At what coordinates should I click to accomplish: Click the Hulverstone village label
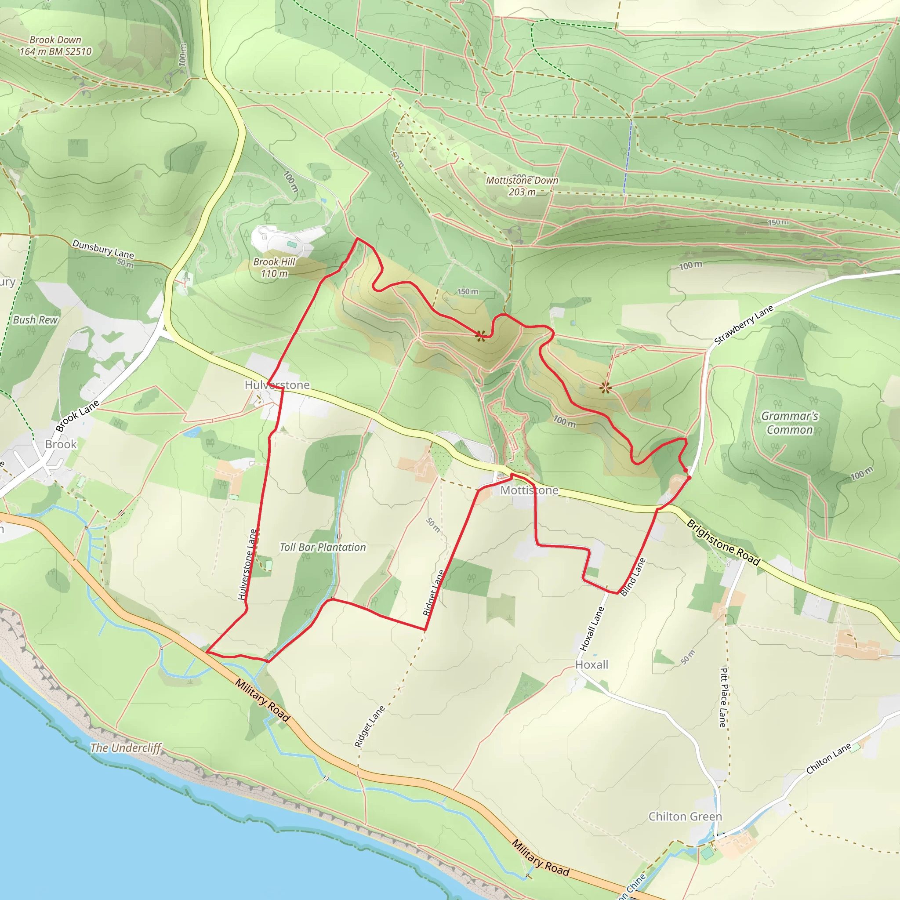[x=277, y=385]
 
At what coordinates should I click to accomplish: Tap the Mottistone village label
[x=529, y=490]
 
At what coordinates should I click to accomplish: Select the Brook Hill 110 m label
[x=274, y=267]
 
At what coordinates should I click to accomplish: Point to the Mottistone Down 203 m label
[x=522, y=186]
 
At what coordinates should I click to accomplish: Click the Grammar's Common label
[x=789, y=422]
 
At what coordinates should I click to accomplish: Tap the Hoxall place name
[x=592, y=664]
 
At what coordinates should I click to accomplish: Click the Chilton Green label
[x=685, y=816]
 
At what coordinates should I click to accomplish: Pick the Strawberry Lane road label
[x=744, y=325]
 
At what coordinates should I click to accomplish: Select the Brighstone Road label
[x=723, y=543]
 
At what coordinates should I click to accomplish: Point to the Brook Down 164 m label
[x=55, y=46]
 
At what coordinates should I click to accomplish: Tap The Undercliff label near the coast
[x=125, y=748]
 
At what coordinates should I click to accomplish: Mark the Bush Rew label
[x=35, y=319]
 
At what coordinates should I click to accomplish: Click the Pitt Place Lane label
[x=723, y=697]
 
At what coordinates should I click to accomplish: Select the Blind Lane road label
[x=633, y=577]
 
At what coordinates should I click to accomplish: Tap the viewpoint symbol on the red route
[x=480, y=335]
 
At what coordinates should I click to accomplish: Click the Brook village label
[x=61, y=444]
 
